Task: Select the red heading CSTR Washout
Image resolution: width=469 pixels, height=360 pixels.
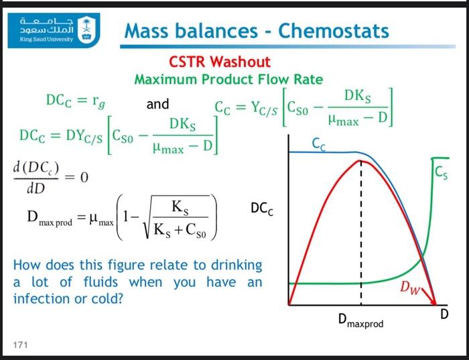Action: pos(220,62)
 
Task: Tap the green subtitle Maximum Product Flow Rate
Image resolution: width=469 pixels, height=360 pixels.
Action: pos(228,79)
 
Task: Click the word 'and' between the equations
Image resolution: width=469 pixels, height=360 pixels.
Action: pos(157,105)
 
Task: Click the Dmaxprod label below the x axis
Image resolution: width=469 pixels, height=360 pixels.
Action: pos(361,324)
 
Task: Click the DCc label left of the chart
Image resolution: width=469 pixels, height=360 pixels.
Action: pos(262,210)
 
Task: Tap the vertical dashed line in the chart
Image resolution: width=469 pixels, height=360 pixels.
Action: pos(360,235)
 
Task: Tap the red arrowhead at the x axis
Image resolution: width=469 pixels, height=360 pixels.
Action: pos(436,305)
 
